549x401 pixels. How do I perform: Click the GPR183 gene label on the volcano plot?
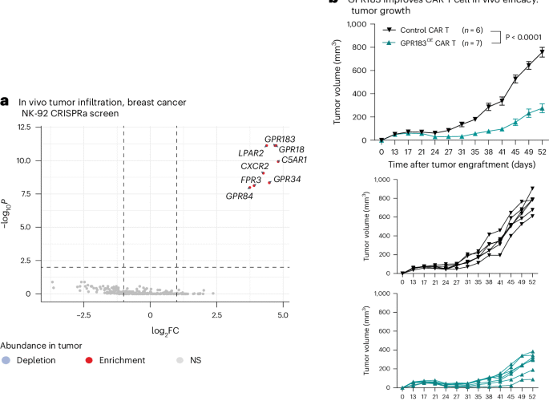point(281,139)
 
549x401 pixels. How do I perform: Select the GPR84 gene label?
point(240,196)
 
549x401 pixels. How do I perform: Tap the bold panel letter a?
point(6,101)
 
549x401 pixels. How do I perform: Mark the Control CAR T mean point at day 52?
point(542,52)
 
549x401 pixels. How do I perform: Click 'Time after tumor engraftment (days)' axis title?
point(451,164)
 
